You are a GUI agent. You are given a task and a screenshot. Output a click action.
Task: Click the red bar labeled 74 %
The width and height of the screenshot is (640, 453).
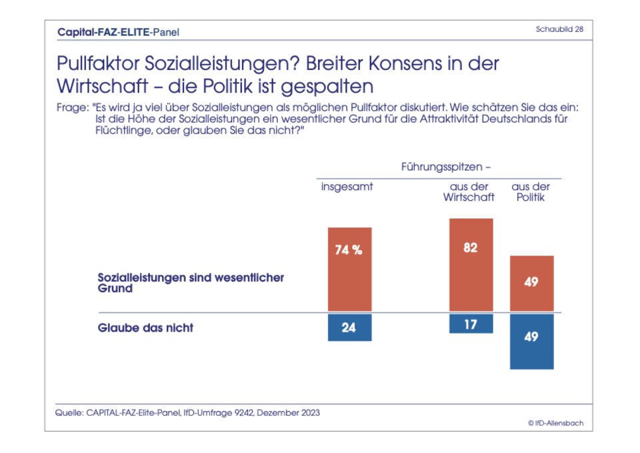[x=349, y=270]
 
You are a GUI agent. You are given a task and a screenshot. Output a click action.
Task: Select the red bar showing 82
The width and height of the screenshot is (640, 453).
[x=471, y=266]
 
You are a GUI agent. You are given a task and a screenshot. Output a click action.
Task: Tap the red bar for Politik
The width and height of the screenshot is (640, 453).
[x=531, y=284]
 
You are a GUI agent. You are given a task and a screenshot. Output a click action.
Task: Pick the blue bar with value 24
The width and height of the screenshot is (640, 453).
[x=349, y=327]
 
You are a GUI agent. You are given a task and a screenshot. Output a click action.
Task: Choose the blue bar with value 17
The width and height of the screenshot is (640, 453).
[x=471, y=324]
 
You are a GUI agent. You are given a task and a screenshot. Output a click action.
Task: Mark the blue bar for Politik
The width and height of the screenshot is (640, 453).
[x=531, y=341]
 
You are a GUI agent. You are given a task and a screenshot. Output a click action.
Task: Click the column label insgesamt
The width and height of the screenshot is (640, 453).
[x=347, y=187]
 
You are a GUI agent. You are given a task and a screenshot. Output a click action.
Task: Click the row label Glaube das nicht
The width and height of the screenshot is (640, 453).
[x=146, y=328]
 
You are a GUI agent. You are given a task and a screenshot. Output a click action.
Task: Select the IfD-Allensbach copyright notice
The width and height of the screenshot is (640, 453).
[x=555, y=423]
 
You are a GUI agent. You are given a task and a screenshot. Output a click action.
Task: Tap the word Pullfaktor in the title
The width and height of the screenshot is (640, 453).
[x=99, y=65]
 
